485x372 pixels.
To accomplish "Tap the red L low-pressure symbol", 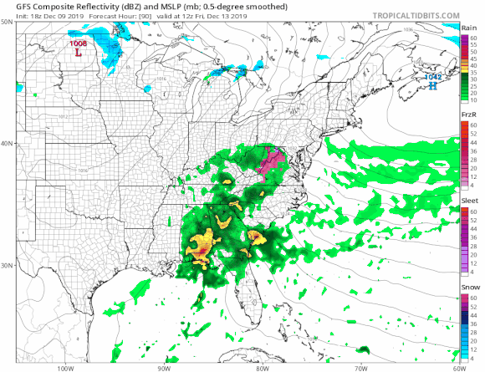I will (x=79, y=52).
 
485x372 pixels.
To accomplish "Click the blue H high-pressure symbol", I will (x=432, y=85).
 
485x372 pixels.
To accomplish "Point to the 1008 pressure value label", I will (x=78, y=43).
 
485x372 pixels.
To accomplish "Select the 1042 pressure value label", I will (x=432, y=77).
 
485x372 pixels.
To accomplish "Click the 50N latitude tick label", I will (x=8, y=23).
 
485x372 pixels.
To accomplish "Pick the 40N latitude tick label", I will (x=8, y=144).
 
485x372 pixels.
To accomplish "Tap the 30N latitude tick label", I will (x=8, y=266).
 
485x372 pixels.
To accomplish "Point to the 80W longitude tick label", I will (x=263, y=366).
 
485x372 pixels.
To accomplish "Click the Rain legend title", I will (x=469, y=28).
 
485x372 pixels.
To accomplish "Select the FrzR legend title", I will (x=469, y=115).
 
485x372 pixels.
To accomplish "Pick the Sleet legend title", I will (x=469, y=201).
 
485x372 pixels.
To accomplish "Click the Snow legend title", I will (x=469, y=287).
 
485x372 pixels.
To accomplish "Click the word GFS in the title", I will (x=13, y=6).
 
